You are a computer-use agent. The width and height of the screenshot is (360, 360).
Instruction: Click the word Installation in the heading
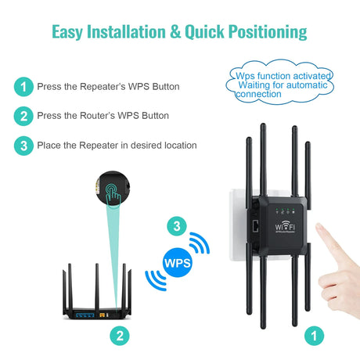[126, 31]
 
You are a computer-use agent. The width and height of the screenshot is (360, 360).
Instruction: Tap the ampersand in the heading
[175, 31]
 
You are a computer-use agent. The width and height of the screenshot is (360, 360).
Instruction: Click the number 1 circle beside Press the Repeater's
[23, 87]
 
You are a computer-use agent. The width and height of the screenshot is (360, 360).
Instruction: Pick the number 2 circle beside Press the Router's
[23, 116]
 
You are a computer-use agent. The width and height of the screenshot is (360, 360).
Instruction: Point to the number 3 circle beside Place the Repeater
[23, 146]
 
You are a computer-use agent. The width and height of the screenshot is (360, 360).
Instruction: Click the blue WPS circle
[178, 262]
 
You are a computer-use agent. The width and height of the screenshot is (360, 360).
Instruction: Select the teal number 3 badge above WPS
[177, 226]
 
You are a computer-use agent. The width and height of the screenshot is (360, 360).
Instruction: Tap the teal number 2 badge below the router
[120, 336]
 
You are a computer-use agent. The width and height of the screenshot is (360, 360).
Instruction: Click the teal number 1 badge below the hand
[315, 336]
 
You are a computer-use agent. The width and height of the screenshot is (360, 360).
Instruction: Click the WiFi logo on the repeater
[285, 227]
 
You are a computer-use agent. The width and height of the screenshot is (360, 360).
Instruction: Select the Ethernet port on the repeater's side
[255, 226]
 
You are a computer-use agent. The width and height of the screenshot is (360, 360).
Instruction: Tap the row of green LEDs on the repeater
[285, 211]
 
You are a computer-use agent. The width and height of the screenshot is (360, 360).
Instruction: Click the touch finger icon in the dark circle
[113, 193]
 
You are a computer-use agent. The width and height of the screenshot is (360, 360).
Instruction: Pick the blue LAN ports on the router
[85, 315]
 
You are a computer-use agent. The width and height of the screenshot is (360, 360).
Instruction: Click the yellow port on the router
[103, 315]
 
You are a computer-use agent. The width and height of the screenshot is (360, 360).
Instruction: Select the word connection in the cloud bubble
[258, 94]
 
